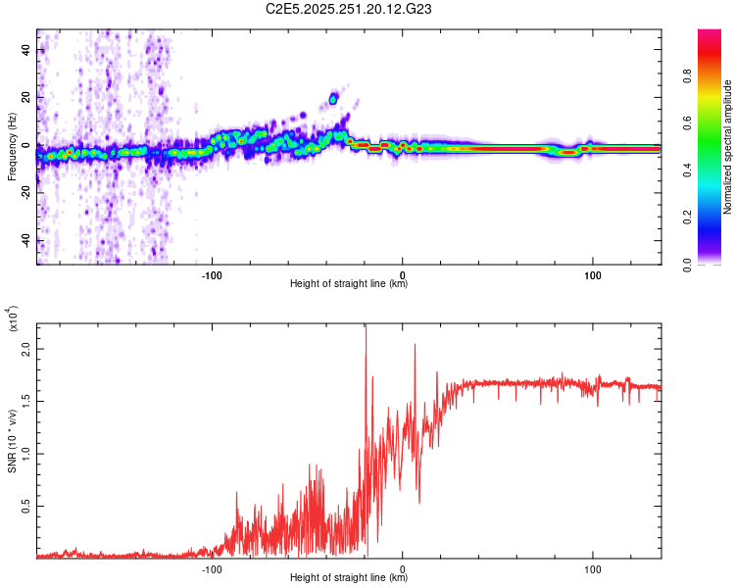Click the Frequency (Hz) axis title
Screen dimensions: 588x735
(12, 147)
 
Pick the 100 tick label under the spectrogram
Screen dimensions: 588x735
(592, 275)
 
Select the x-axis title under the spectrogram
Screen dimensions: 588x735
(349, 285)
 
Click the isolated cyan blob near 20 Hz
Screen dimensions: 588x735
(333, 98)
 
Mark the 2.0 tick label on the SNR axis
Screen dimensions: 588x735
(26, 348)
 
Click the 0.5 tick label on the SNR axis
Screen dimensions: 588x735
(26, 506)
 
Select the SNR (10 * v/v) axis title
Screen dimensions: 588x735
(12, 436)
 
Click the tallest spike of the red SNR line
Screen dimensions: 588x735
(366, 328)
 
